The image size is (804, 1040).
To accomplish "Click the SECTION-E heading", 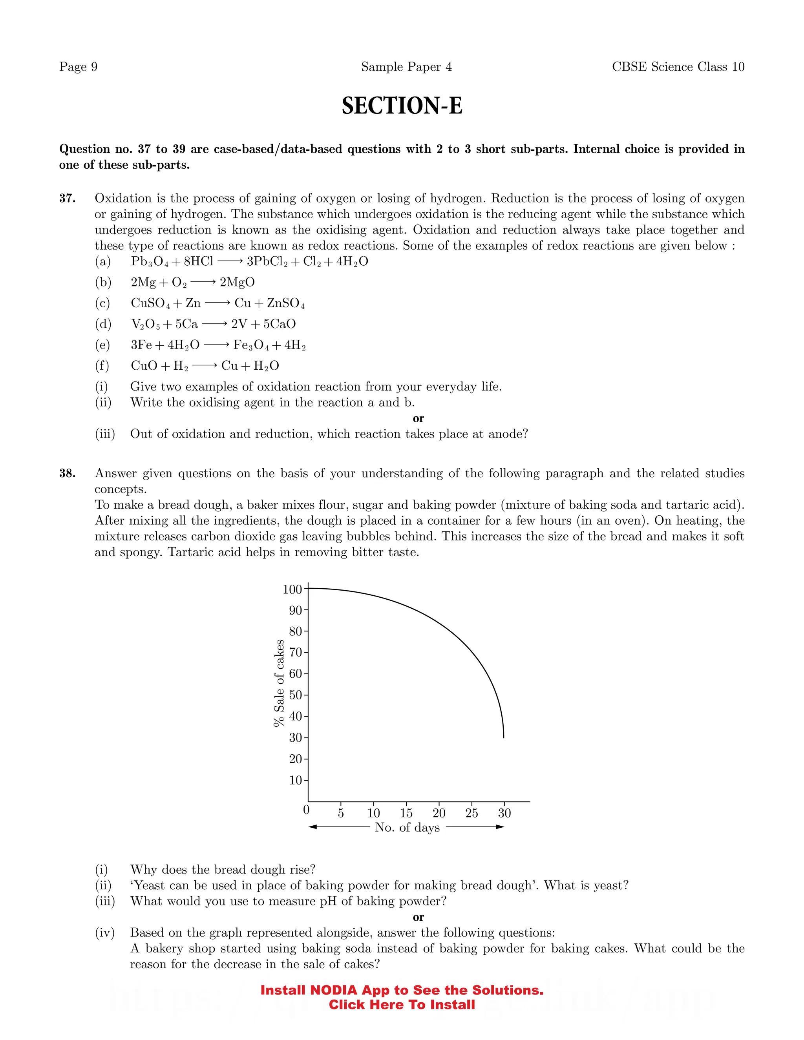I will pos(402,106).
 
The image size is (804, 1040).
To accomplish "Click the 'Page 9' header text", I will pos(78,67).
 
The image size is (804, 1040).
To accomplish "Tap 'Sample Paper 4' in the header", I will pos(406,67).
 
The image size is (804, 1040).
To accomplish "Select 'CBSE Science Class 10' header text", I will pos(678,67).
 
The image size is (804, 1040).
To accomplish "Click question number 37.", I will pos(67,199).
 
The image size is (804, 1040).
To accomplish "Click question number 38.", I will pos(67,473).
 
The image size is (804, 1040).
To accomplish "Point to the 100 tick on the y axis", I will pos(292,589).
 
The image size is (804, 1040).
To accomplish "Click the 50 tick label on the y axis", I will pos(295,695).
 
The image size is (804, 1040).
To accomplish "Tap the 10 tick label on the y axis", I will pos(295,780).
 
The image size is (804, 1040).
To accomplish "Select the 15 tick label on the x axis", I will pos(406,813).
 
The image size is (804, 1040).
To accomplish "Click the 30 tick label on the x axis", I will pos(504,813).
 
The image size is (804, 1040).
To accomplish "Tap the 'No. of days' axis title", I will pos(407,827).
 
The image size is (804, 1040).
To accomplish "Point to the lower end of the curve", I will pos(503,737).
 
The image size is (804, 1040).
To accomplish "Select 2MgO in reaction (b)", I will pos(237,283).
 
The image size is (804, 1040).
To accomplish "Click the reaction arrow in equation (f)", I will pos(204,366).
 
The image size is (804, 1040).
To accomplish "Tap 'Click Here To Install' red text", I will pos(402,1005).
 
